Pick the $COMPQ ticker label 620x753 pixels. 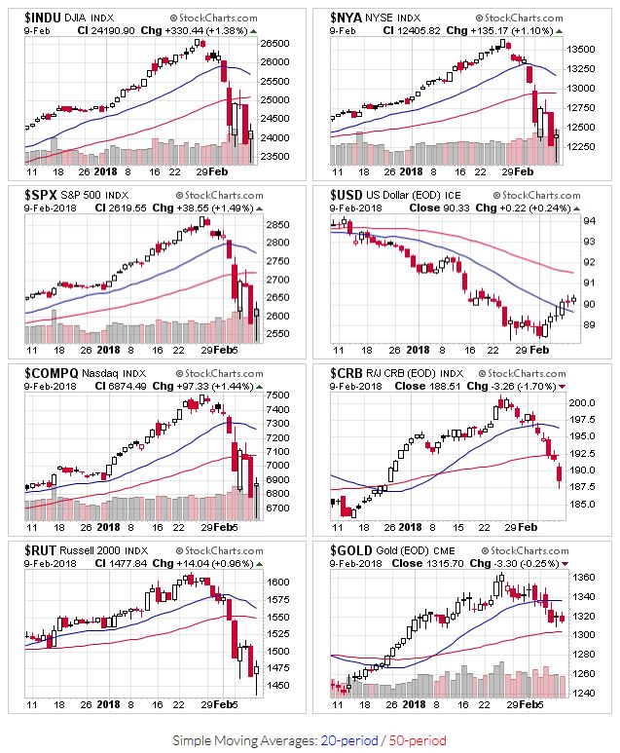click(51, 373)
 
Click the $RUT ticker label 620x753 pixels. click(42, 550)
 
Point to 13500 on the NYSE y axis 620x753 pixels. click(582, 49)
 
